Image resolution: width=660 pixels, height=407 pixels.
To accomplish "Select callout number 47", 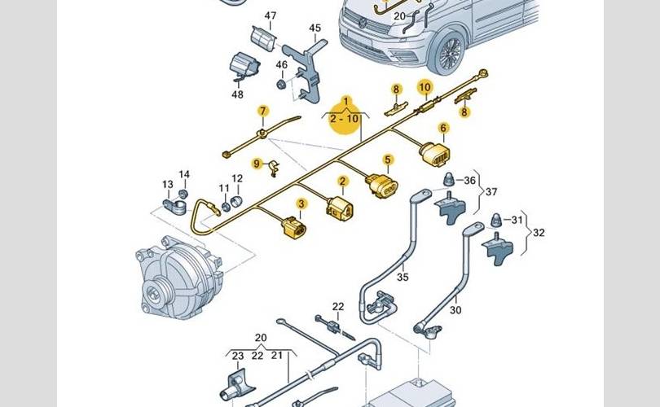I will pos(271,15).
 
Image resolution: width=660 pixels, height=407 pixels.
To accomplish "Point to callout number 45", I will pos(315,28).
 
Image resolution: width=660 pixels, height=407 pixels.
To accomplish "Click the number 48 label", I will pos(237,94).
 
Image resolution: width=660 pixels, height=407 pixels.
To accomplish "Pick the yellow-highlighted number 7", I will pos(262,112).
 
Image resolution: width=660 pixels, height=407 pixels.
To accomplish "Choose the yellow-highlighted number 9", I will pos(256,164).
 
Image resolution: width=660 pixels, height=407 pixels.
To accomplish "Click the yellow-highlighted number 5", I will pos(389,160).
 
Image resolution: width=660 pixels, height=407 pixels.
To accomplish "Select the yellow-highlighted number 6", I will pos(443,128).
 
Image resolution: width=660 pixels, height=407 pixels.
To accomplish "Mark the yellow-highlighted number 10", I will pos(424,87).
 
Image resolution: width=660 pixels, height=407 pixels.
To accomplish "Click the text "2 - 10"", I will pos(345,119).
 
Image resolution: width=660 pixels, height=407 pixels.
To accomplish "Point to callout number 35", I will pos(402,277).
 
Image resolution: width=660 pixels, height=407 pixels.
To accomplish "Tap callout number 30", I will pos(455,310).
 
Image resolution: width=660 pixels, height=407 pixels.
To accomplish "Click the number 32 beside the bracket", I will pos(539,232).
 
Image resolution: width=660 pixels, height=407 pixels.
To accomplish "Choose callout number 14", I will pos(184,175).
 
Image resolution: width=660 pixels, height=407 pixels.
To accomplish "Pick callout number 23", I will pos(237,356).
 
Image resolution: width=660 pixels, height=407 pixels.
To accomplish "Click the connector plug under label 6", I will pos(434,155).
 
